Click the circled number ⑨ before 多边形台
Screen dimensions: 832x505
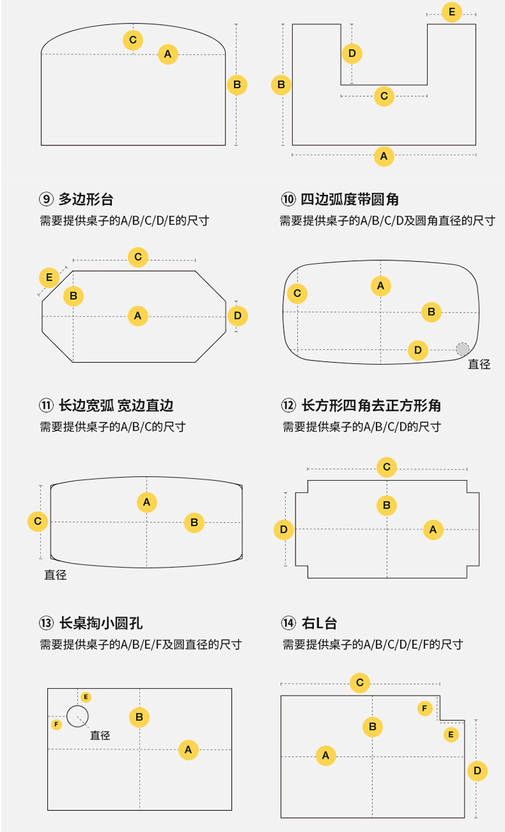(x=46, y=200)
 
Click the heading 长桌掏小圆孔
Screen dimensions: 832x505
(x=101, y=623)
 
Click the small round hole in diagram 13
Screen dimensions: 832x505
(x=77, y=716)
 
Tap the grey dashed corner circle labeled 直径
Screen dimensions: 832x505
(x=463, y=349)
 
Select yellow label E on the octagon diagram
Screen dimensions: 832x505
(x=48, y=277)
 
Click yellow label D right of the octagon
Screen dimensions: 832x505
(x=238, y=315)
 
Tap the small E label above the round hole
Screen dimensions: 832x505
(x=86, y=697)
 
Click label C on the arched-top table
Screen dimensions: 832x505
(x=133, y=40)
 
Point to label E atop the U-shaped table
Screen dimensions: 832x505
(x=452, y=12)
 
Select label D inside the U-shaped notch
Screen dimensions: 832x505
(x=351, y=53)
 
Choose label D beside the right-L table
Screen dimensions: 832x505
(x=477, y=770)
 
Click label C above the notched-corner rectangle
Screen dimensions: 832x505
(x=386, y=467)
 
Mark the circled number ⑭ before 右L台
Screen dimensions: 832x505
(x=288, y=623)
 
